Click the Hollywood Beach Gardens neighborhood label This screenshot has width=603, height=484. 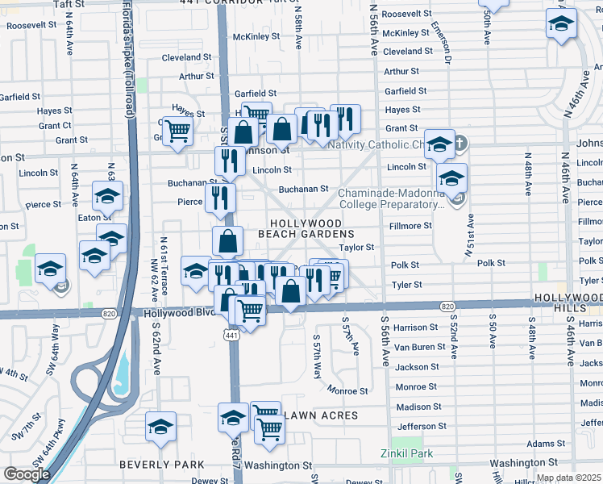point(306,227)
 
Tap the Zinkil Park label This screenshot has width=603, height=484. point(407,454)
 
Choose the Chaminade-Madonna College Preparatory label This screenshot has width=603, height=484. point(391,198)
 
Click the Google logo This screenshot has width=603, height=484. point(27,474)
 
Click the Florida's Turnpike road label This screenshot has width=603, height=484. point(129,48)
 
